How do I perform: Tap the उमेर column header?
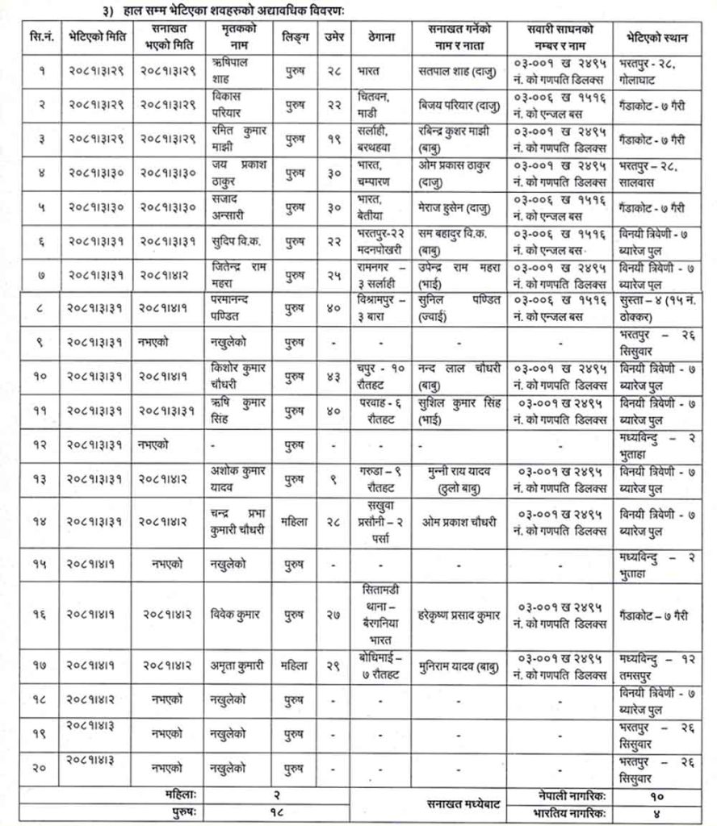[332, 37]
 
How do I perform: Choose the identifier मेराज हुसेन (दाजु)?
[457, 206]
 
